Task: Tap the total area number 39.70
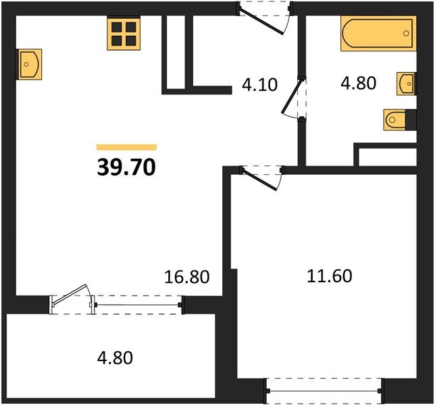(126, 167)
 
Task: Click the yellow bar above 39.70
(126, 146)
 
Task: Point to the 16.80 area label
(188, 276)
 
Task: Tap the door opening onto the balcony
(72, 298)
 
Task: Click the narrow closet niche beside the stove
(176, 51)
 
